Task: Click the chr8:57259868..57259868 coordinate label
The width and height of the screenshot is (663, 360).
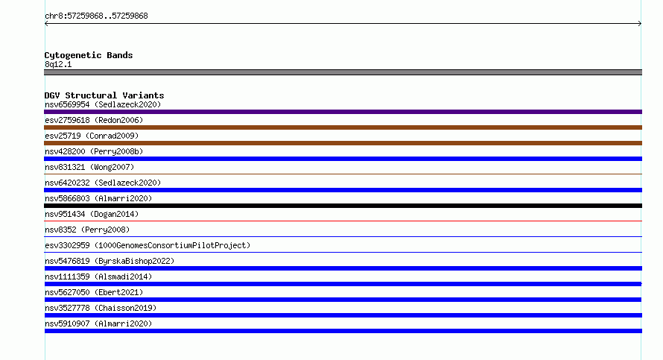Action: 96,16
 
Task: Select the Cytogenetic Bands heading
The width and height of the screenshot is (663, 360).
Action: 89,55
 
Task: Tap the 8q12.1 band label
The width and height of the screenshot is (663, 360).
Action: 58,64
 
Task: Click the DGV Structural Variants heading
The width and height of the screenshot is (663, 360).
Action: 104,95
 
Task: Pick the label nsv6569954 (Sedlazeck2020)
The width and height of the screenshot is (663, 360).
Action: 103,104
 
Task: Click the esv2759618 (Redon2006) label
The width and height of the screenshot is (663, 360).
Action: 94,120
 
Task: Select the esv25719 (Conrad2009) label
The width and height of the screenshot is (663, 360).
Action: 92,136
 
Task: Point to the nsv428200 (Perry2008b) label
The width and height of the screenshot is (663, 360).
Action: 94,151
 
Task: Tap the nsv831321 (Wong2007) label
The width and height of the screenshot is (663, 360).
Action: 89,167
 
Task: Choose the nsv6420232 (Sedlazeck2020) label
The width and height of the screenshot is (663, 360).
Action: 103,183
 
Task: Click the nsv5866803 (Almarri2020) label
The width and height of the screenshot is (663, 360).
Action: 98,198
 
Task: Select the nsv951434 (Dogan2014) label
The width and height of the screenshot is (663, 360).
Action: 92,214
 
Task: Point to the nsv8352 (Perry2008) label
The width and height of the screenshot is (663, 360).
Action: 87,230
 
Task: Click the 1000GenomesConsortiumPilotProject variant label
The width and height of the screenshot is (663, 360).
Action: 147,245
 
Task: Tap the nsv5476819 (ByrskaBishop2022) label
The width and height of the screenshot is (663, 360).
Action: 110,261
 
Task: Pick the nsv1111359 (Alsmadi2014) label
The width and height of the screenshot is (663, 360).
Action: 98,277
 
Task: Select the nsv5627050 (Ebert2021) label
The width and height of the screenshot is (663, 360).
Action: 94,292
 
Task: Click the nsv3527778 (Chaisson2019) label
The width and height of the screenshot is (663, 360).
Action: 101,308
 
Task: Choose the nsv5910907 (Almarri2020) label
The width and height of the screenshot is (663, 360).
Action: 98,323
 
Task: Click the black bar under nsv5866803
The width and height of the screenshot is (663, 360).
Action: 343,206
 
